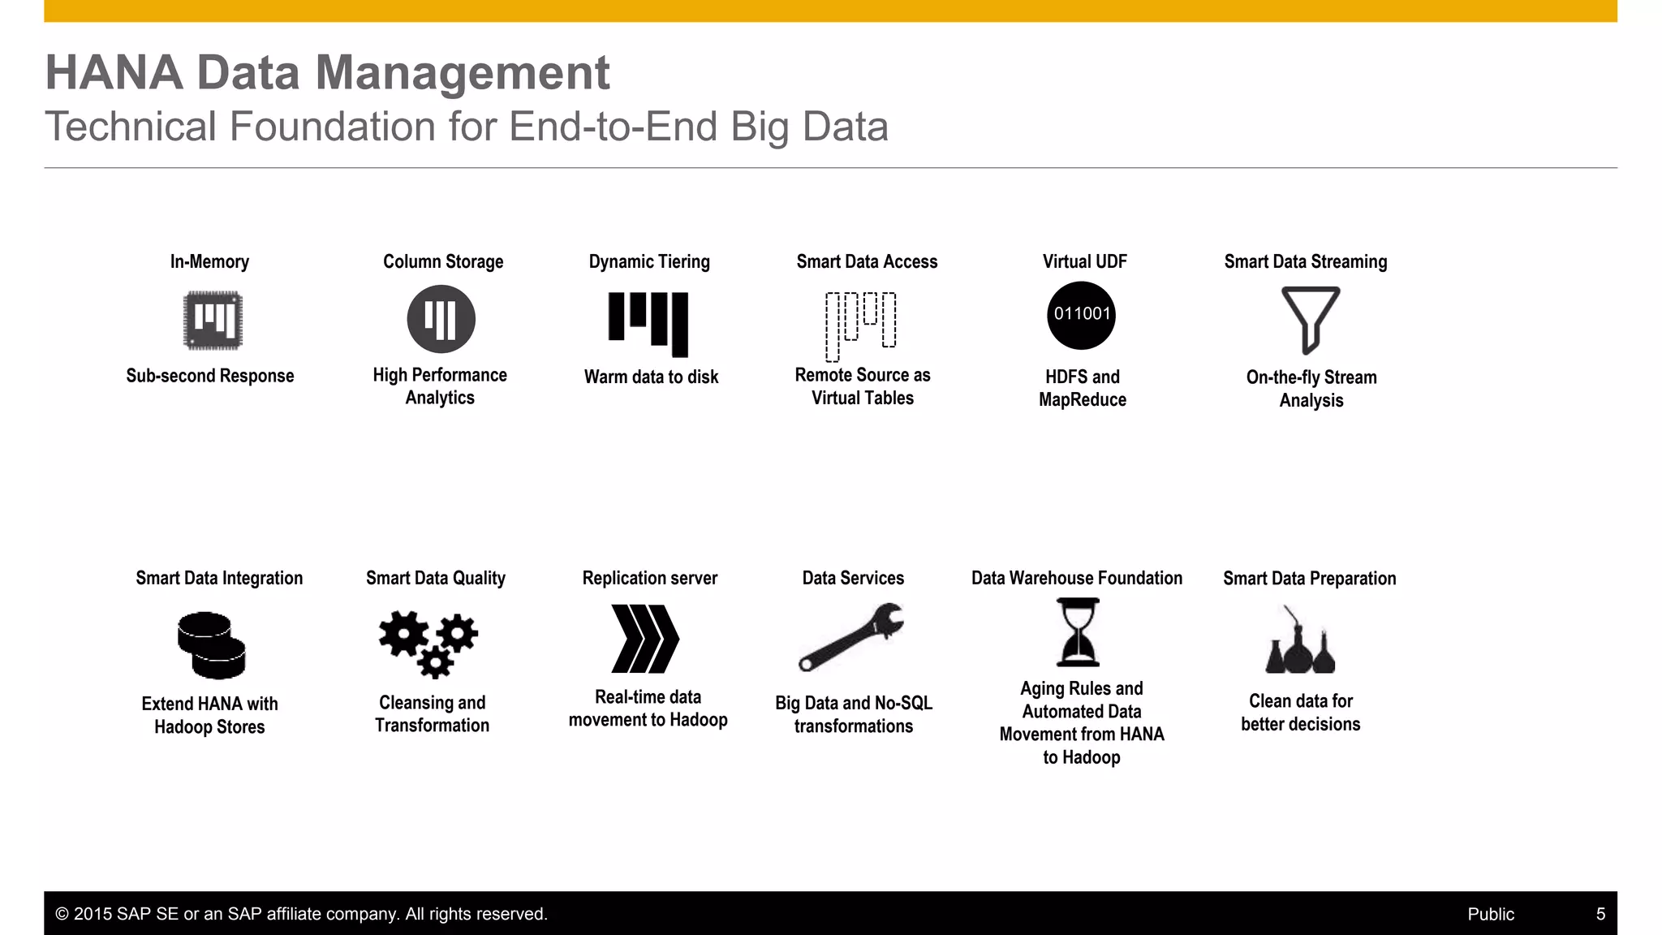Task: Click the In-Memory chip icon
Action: coord(213,320)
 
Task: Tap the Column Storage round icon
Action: coord(441,319)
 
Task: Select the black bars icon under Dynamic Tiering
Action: coord(648,324)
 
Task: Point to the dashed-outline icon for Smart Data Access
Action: coord(860,325)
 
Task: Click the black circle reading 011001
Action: coord(1081,315)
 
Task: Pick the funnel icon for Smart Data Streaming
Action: coord(1310,319)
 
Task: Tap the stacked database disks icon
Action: coord(211,645)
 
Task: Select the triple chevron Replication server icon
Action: coord(645,639)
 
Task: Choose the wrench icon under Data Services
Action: coord(850,637)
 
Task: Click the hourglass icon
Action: coord(1078,632)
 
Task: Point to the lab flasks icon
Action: coord(1300,641)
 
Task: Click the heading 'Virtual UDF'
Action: coord(1084,261)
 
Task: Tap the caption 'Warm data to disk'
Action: coord(651,377)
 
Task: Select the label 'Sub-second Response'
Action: coord(210,376)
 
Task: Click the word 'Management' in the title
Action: coord(462,72)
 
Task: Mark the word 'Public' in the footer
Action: coord(1490,914)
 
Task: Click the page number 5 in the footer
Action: coord(1600,914)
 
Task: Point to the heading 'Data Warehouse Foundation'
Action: coord(1076,578)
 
